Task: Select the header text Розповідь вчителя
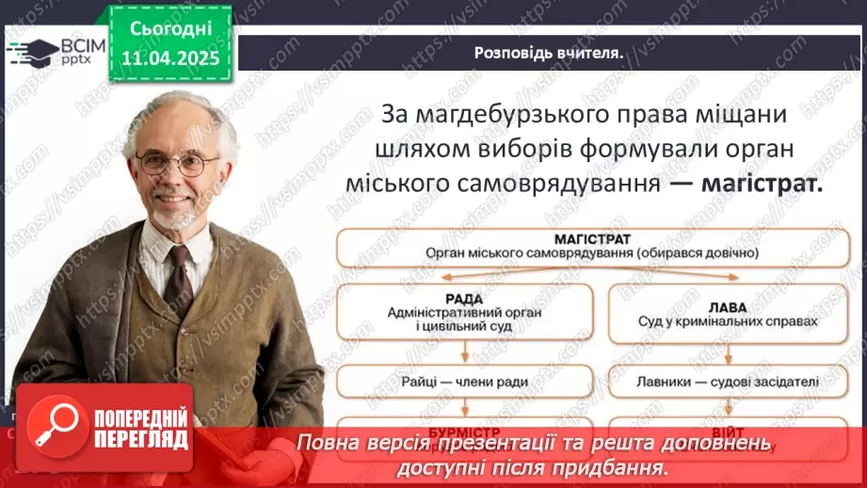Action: pos(548,53)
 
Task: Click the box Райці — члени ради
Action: pos(464,382)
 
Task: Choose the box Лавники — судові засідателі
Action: pos(714,382)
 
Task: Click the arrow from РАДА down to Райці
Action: pos(464,353)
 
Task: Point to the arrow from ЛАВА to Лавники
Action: pos(714,353)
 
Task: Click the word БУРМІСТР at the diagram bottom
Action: pos(464,426)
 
